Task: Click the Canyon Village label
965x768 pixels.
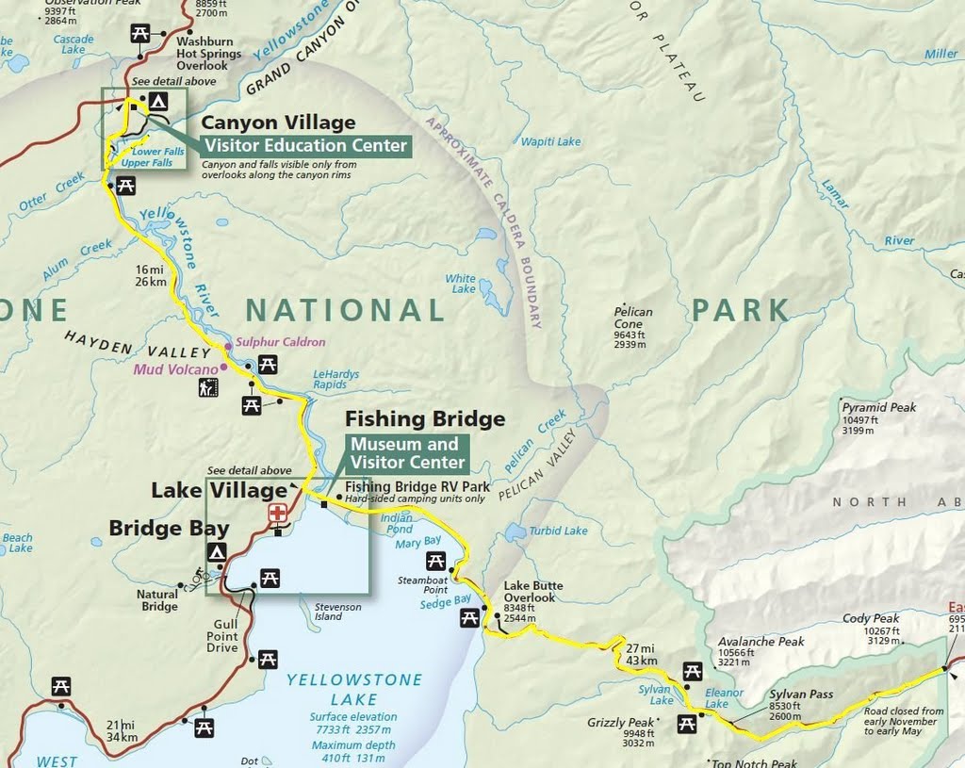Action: [278, 123]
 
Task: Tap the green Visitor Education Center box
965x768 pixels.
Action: [305, 145]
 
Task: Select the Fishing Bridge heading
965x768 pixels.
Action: [425, 418]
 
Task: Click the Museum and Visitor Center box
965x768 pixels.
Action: [408, 453]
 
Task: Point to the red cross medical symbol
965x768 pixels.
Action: [278, 514]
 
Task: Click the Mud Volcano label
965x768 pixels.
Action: [175, 369]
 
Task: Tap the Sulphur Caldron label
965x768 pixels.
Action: [280, 342]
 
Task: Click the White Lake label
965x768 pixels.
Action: [461, 284]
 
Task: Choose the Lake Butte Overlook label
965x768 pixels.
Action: [529, 591]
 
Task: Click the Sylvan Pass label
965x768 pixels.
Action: [801, 694]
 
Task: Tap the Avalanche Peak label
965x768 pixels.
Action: [761, 642]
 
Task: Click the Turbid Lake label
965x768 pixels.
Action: [558, 531]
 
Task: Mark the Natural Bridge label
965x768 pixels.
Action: [157, 600]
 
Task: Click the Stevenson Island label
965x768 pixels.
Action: [337, 613]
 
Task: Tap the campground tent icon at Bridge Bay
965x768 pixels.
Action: [218, 552]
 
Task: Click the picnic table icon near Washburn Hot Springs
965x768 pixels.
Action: [139, 34]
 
